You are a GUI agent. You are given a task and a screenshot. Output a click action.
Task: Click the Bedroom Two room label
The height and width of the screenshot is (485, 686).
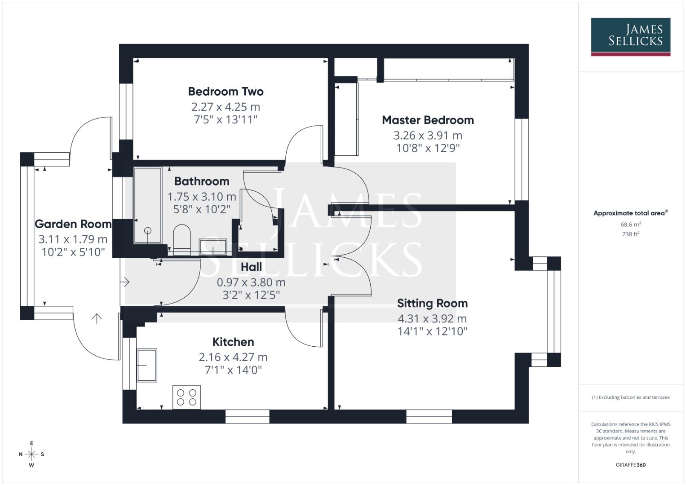pyautogui.click(x=226, y=92)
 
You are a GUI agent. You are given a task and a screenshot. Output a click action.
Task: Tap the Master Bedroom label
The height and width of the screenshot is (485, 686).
pyautogui.click(x=428, y=120)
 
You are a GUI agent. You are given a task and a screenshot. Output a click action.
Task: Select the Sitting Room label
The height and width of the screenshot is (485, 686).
pyautogui.click(x=432, y=304)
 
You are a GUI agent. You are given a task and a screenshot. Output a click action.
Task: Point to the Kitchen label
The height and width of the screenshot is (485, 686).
pyautogui.click(x=233, y=342)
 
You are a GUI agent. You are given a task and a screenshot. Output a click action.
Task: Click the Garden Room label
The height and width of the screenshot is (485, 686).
pyautogui.click(x=73, y=224)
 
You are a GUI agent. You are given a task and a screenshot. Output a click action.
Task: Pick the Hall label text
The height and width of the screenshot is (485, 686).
pyautogui.click(x=251, y=267)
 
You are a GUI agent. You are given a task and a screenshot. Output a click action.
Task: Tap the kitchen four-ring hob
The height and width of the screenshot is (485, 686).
pyautogui.click(x=186, y=397)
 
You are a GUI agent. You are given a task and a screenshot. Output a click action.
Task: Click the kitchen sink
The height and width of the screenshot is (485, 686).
pyautogui.click(x=147, y=365)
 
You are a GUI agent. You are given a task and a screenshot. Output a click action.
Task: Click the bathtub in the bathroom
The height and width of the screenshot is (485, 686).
pyautogui.click(x=148, y=205)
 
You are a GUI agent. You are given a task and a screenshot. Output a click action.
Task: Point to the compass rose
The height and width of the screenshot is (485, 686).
pyautogui.click(x=31, y=454)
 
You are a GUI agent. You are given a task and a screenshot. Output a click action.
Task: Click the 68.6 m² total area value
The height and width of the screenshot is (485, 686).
pyautogui.click(x=630, y=225)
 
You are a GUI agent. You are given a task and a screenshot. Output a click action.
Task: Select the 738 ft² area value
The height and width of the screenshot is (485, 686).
pyautogui.click(x=630, y=234)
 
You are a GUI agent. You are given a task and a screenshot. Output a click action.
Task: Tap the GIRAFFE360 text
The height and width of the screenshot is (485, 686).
pyautogui.click(x=630, y=465)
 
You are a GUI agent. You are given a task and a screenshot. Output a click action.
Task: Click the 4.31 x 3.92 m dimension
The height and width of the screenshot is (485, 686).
pyautogui.click(x=432, y=319)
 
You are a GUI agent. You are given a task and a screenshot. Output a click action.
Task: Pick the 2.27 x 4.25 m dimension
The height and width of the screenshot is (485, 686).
pyautogui.click(x=226, y=107)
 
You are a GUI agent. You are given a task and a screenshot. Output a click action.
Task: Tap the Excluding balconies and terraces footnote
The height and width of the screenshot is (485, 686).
pyautogui.click(x=630, y=397)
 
